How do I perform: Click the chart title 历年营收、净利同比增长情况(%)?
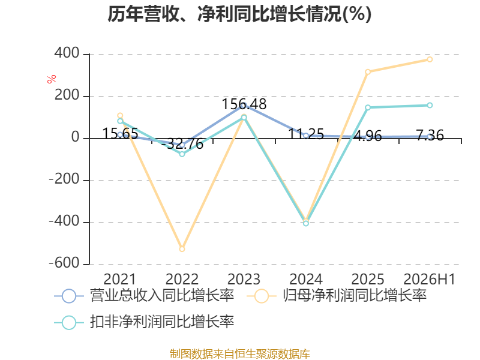pyautogui.click(x=239, y=14)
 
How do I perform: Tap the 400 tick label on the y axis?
pyautogui.click(x=67, y=53)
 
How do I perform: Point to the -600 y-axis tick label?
pyautogui.click(x=64, y=263)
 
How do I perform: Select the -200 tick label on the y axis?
pyautogui.click(x=64, y=179)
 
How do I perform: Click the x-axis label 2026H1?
pyautogui.click(x=429, y=280)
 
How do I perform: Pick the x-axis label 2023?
pyautogui.click(x=244, y=280)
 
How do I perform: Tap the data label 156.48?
pyautogui.click(x=244, y=104)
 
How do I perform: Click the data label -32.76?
pyautogui.click(x=182, y=144)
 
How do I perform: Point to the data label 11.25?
pyautogui.click(x=306, y=134)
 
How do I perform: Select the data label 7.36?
pyautogui.click(x=430, y=135)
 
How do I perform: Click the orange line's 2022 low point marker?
pyautogui.click(x=182, y=249)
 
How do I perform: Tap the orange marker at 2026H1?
pyautogui.click(x=430, y=59)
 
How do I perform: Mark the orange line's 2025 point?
pyautogui.click(x=368, y=72)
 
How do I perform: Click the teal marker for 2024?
pyautogui.click(x=306, y=223)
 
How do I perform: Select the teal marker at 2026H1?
pyautogui.click(x=430, y=106)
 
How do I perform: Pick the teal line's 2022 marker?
pyautogui.click(x=182, y=154)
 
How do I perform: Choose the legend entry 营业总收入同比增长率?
pyautogui.click(x=144, y=296)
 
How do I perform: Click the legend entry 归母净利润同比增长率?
pyautogui.click(x=337, y=296)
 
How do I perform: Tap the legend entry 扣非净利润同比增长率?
pyautogui.click(x=144, y=322)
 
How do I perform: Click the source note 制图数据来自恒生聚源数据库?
pyautogui.click(x=239, y=353)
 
